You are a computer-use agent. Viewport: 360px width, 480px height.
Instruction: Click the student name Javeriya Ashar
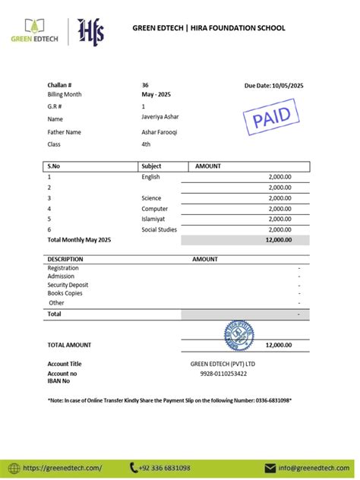pyautogui.click(x=160, y=118)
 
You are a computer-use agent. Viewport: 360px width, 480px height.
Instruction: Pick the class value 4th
pyautogui.click(x=147, y=144)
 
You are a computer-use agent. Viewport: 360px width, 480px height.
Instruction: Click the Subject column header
pyautogui.click(x=152, y=166)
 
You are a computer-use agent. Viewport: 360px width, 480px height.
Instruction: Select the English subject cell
pyautogui.click(x=151, y=176)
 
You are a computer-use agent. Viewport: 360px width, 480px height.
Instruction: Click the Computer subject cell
pyautogui.click(x=155, y=208)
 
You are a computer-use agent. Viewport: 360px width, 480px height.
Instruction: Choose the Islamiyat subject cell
pyautogui.click(x=154, y=219)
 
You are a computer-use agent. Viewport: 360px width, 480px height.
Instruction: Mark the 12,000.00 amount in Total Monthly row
pyautogui.click(x=278, y=240)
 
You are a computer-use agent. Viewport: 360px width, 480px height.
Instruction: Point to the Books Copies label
pyautogui.click(x=65, y=293)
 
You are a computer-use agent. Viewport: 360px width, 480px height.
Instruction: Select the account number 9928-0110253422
pyautogui.click(x=223, y=374)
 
